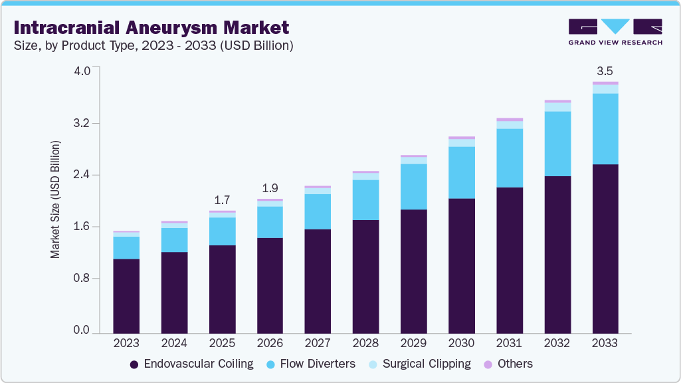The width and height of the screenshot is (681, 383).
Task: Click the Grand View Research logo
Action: point(615,31)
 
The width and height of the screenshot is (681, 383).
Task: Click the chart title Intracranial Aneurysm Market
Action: point(151,28)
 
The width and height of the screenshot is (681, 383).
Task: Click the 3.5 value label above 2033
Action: point(605,70)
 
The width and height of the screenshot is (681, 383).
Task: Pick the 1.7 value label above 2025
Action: point(222,199)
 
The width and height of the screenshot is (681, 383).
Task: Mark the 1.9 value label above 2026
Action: point(270,188)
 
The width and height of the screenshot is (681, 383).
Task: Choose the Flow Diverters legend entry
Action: point(310,364)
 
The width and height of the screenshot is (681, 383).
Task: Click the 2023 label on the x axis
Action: point(126,344)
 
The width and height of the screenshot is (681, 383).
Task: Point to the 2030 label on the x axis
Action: point(461,344)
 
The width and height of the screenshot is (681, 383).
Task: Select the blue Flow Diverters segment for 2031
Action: point(509,158)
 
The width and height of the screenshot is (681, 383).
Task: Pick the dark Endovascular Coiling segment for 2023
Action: point(126,296)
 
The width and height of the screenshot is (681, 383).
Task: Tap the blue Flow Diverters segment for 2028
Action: point(365,199)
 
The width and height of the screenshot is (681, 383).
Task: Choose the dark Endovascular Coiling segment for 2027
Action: point(318,281)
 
